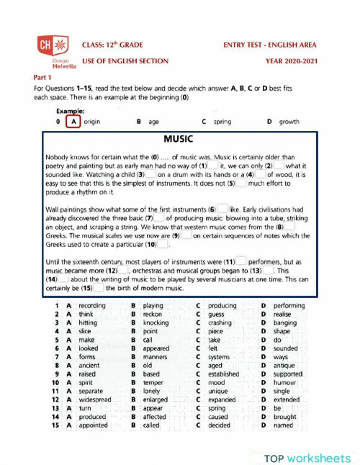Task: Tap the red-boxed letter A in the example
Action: click(72, 122)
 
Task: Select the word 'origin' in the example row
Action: click(91, 122)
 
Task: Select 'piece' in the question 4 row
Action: click(215, 331)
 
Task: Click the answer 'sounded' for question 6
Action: click(286, 348)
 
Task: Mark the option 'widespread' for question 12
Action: click(96, 399)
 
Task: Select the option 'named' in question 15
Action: click(283, 425)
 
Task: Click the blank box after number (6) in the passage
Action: click(222, 209)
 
